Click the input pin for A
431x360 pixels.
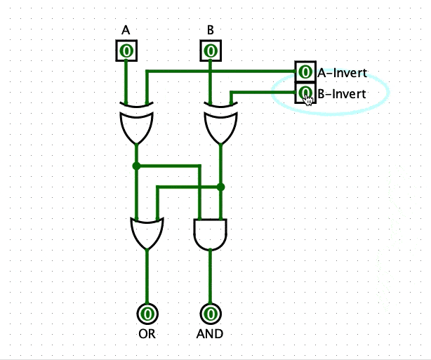click(x=126, y=51)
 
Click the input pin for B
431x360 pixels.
click(x=210, y=51)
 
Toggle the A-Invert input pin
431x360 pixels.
click(x=305, y=72)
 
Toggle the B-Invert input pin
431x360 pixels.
click(x=305, y=92)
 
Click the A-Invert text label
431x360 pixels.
click(x=342, y=72)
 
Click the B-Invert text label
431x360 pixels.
click(x=342, y=93)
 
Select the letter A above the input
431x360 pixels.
click(x=126, y=30)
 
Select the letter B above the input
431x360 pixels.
click(x=210, y=30)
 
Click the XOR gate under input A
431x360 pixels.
click(x=136, y=124)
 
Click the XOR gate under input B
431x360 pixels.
click(x=220, y=124)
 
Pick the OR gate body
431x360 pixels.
click(x=147, y=232)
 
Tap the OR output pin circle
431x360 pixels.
click(x=147, y=313)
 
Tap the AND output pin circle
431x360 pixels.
click(x=210, y=313)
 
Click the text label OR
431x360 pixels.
click(x=147, y=334)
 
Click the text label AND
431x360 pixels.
click(x=210, y=334)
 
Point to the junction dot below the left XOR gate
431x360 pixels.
click(x=136, y=166)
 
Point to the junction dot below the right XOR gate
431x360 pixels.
click(x=220, y=187)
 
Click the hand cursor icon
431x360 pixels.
click(x=308, y=98)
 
